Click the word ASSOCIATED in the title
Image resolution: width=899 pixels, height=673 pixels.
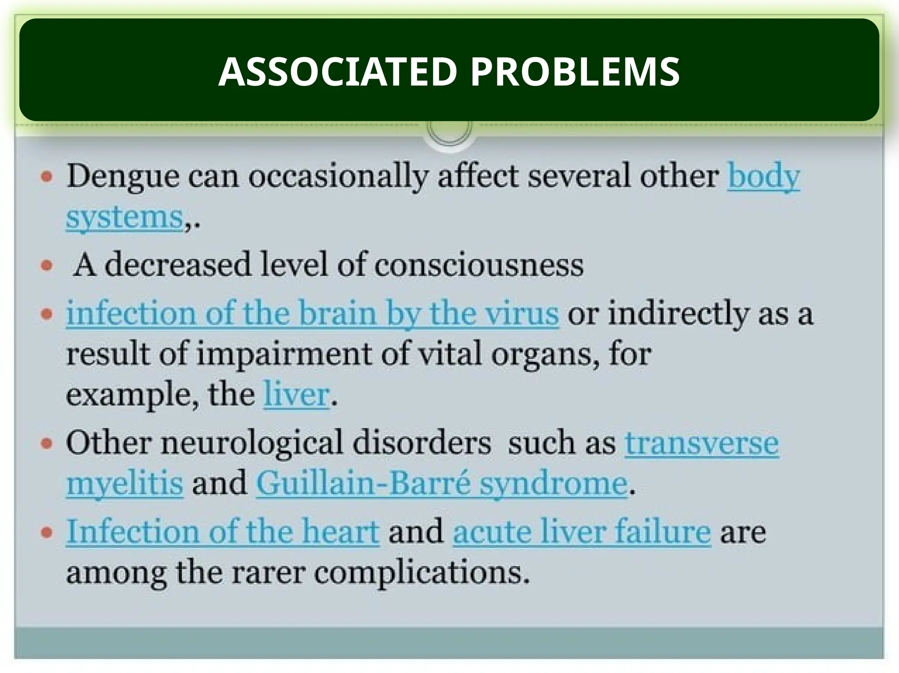click(x=338, y=72)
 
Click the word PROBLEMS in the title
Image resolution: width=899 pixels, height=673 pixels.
click(x=575, y=72)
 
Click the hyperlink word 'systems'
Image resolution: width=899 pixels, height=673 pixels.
click(x=125, y=218)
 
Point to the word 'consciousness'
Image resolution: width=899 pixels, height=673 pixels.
click(x=479, y=266)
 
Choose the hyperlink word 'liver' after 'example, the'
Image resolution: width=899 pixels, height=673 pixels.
click(x=296, y=395)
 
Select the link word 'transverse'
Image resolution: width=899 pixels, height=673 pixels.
click(x=701, y=443)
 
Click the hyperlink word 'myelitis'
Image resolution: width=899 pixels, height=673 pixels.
click(x=125, y=483)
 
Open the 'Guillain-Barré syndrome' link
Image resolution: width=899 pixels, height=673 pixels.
click(x=442, y=483)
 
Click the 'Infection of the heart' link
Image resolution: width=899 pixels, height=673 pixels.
click(x=223, y=532)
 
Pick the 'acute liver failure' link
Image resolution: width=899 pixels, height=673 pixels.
click(x=582, y=532)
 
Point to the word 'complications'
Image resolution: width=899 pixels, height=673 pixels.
click(x=421, y=573)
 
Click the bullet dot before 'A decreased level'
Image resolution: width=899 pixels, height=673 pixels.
click(x=47, y=266)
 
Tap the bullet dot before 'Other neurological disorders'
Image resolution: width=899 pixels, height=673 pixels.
click(x=47, y=444)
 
